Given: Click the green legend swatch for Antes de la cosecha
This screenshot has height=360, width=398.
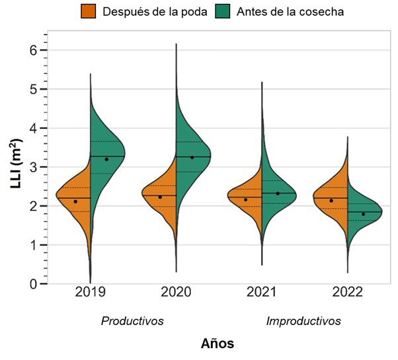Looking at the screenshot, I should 225,11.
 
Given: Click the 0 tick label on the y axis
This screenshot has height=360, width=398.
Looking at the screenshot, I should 34,284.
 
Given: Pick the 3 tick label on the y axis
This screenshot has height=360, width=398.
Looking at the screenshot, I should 34,167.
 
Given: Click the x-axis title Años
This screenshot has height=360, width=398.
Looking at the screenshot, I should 218,343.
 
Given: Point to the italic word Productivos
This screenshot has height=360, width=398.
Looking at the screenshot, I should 132,321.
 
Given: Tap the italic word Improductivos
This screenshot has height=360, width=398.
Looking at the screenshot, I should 303,321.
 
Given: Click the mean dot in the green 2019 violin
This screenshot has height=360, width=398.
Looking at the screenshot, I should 106,159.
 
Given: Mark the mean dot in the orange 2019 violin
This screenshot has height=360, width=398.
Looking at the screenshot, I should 75,201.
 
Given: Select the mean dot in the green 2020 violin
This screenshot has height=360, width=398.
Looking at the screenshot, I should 192,157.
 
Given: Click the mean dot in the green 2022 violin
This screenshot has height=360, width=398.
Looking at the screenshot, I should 364,214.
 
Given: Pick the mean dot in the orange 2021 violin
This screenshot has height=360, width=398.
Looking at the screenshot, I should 246,199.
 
